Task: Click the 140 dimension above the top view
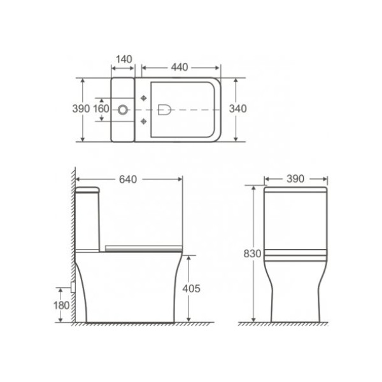point(124,59)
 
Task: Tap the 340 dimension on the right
point(237,109)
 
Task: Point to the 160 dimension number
point(101,109)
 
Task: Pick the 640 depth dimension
point(128,180)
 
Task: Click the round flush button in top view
point(125,109)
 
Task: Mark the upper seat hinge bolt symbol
point(143,97)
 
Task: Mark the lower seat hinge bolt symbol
point(143,120)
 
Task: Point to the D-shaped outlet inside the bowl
point(162,109)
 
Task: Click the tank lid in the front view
point(296,189)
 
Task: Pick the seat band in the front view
point(296,255)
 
